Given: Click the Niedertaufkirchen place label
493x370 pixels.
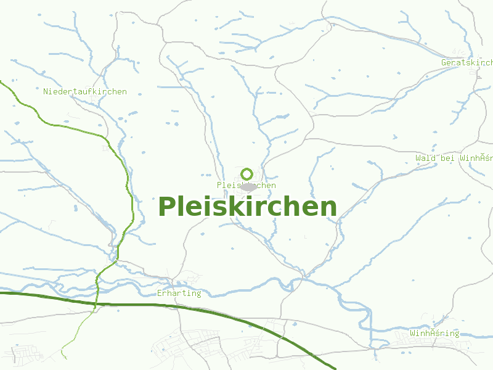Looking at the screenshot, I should (x=85, y=92).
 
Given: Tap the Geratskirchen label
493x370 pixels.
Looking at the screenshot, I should (x=467, y=63).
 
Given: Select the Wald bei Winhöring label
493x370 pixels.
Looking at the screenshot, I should (x=454, y=158).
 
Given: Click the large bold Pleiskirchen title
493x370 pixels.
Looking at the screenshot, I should (x=248, y=207).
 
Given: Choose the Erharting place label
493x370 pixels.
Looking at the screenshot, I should (x=179, y=293).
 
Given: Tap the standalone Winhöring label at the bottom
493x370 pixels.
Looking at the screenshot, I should (x=435, y=334).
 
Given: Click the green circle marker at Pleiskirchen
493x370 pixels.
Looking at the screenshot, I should (x=247, y=174).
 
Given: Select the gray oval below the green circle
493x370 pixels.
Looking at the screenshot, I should (x=248, y=186).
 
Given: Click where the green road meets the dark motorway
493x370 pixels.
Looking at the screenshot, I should (x=95, y=304).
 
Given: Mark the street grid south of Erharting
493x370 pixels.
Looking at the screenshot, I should (x=191, y=345).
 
